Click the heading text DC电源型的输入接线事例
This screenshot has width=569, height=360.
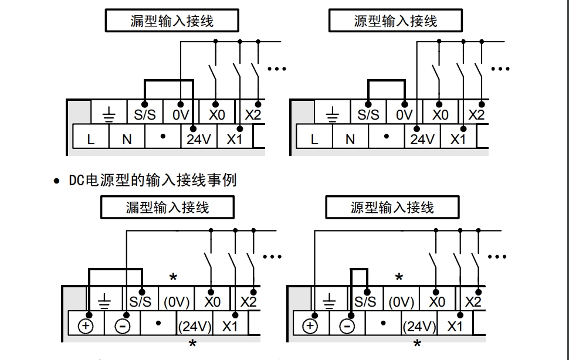153,180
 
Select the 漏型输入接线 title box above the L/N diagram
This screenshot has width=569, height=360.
172,22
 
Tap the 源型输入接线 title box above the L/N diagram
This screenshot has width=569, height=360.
395,22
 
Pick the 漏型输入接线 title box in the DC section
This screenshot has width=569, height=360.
167,208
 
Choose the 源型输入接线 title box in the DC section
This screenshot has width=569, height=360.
392,208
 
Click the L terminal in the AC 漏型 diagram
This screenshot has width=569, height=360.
90,140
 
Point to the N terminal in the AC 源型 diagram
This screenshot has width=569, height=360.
350,140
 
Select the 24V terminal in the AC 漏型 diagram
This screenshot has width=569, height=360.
199,140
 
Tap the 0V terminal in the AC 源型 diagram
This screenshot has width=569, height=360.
404,115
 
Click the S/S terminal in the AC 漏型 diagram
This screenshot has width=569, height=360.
145,115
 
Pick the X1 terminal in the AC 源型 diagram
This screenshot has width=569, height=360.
458,140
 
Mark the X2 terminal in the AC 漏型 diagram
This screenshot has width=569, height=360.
253,115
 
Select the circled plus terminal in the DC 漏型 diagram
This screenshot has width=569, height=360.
86,326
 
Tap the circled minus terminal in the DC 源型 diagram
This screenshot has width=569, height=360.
347,326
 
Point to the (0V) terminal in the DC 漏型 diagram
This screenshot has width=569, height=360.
176,302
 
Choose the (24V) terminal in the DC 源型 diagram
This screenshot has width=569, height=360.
420,326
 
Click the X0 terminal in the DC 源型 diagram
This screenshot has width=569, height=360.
437,302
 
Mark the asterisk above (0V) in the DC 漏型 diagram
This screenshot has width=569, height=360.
173,277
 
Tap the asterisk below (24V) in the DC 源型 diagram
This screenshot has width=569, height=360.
417,344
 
